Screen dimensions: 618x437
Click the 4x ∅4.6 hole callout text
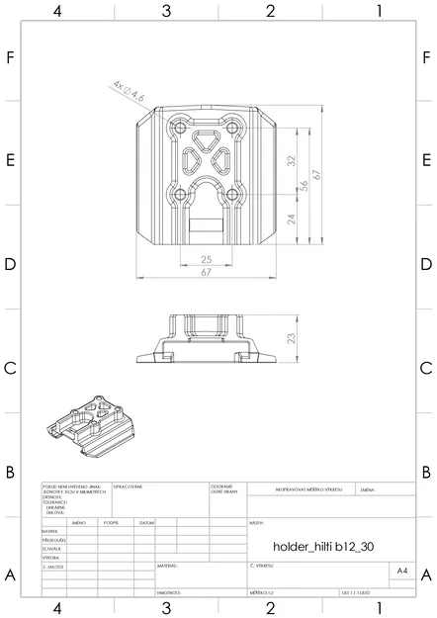[x=129, y=92]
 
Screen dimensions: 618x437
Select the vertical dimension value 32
[x=291, y=160]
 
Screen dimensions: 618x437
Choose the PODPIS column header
[x=111, y=522]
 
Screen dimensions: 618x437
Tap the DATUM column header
[x=146, y=522]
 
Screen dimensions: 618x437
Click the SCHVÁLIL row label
[x=53, y=549]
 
